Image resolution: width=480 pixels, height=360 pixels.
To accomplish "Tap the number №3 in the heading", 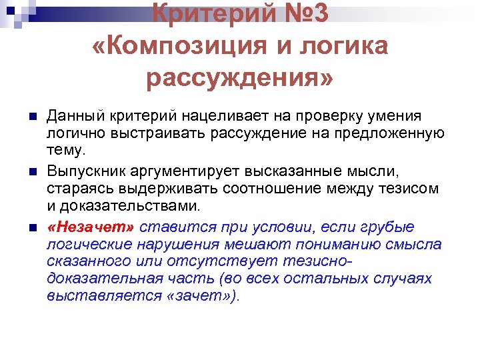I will [x=304, y=13].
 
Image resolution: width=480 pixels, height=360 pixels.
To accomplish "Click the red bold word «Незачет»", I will [x=91, y=227].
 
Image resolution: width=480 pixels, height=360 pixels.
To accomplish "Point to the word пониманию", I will [x=350, y=244].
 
